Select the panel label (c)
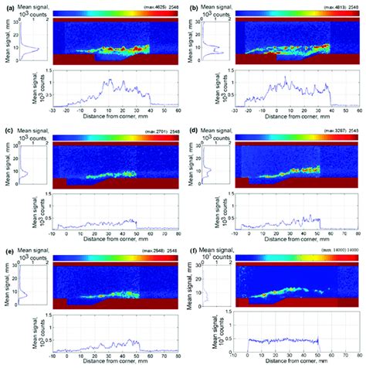(7, 130)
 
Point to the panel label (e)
(7, 253)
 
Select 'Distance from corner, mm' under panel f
(294, 364)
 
